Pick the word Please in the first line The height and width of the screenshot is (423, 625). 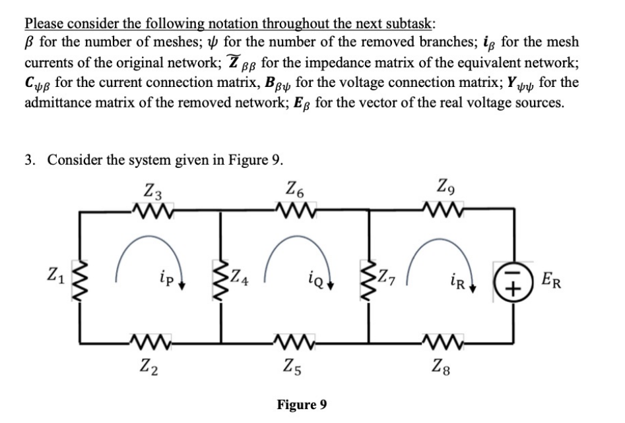[x=45, y=24]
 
